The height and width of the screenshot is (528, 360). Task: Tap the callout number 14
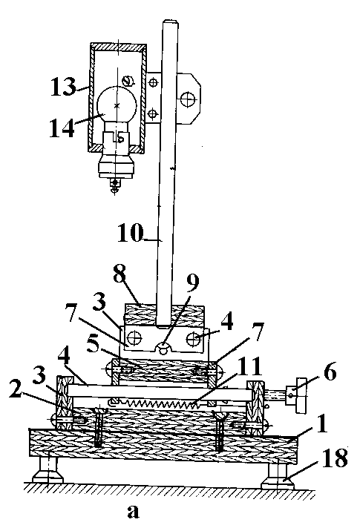coord(62,128)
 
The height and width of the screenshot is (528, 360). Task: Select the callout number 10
coord(131,233)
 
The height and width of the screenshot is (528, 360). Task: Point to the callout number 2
coord(15,392)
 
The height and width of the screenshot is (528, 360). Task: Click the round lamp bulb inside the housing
coord(117,105)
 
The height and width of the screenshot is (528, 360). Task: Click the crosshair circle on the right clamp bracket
coord(187,99)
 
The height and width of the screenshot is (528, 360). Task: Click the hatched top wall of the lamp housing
coord(118,47)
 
